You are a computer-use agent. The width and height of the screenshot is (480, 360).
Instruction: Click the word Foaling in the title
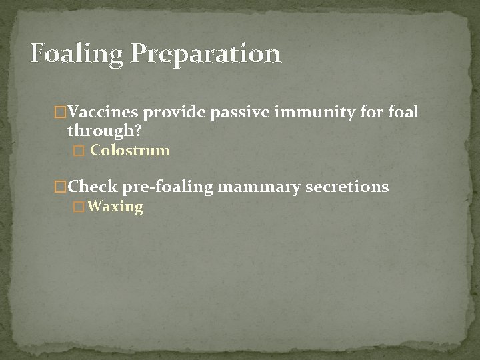pyautogui.click(x=76, y=54)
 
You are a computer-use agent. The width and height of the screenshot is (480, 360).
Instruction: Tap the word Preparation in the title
pyautogui.click(x=205, y=54)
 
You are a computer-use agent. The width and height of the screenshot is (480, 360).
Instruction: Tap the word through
pyautogui.click(x=101, y=130)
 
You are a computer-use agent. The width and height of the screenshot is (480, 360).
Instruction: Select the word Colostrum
pyautogui.click(x=130, y=151)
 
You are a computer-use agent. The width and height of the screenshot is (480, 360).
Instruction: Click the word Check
pyautogui.click(x=93, y=187)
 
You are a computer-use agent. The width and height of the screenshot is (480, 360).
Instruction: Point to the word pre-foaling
pyautogui.click(x=167, y=187)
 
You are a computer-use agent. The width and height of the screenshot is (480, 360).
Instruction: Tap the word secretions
pyautogui.click(x=347, y=187)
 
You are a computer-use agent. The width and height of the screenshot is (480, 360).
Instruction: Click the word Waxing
pyautogui.click(x=115, y=207)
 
